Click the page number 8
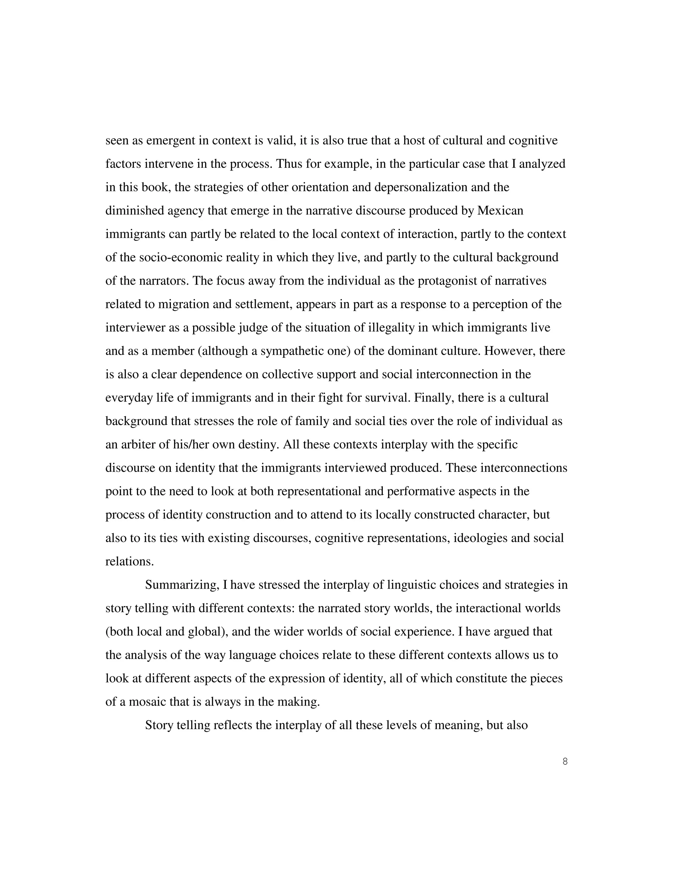(565, 761)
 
